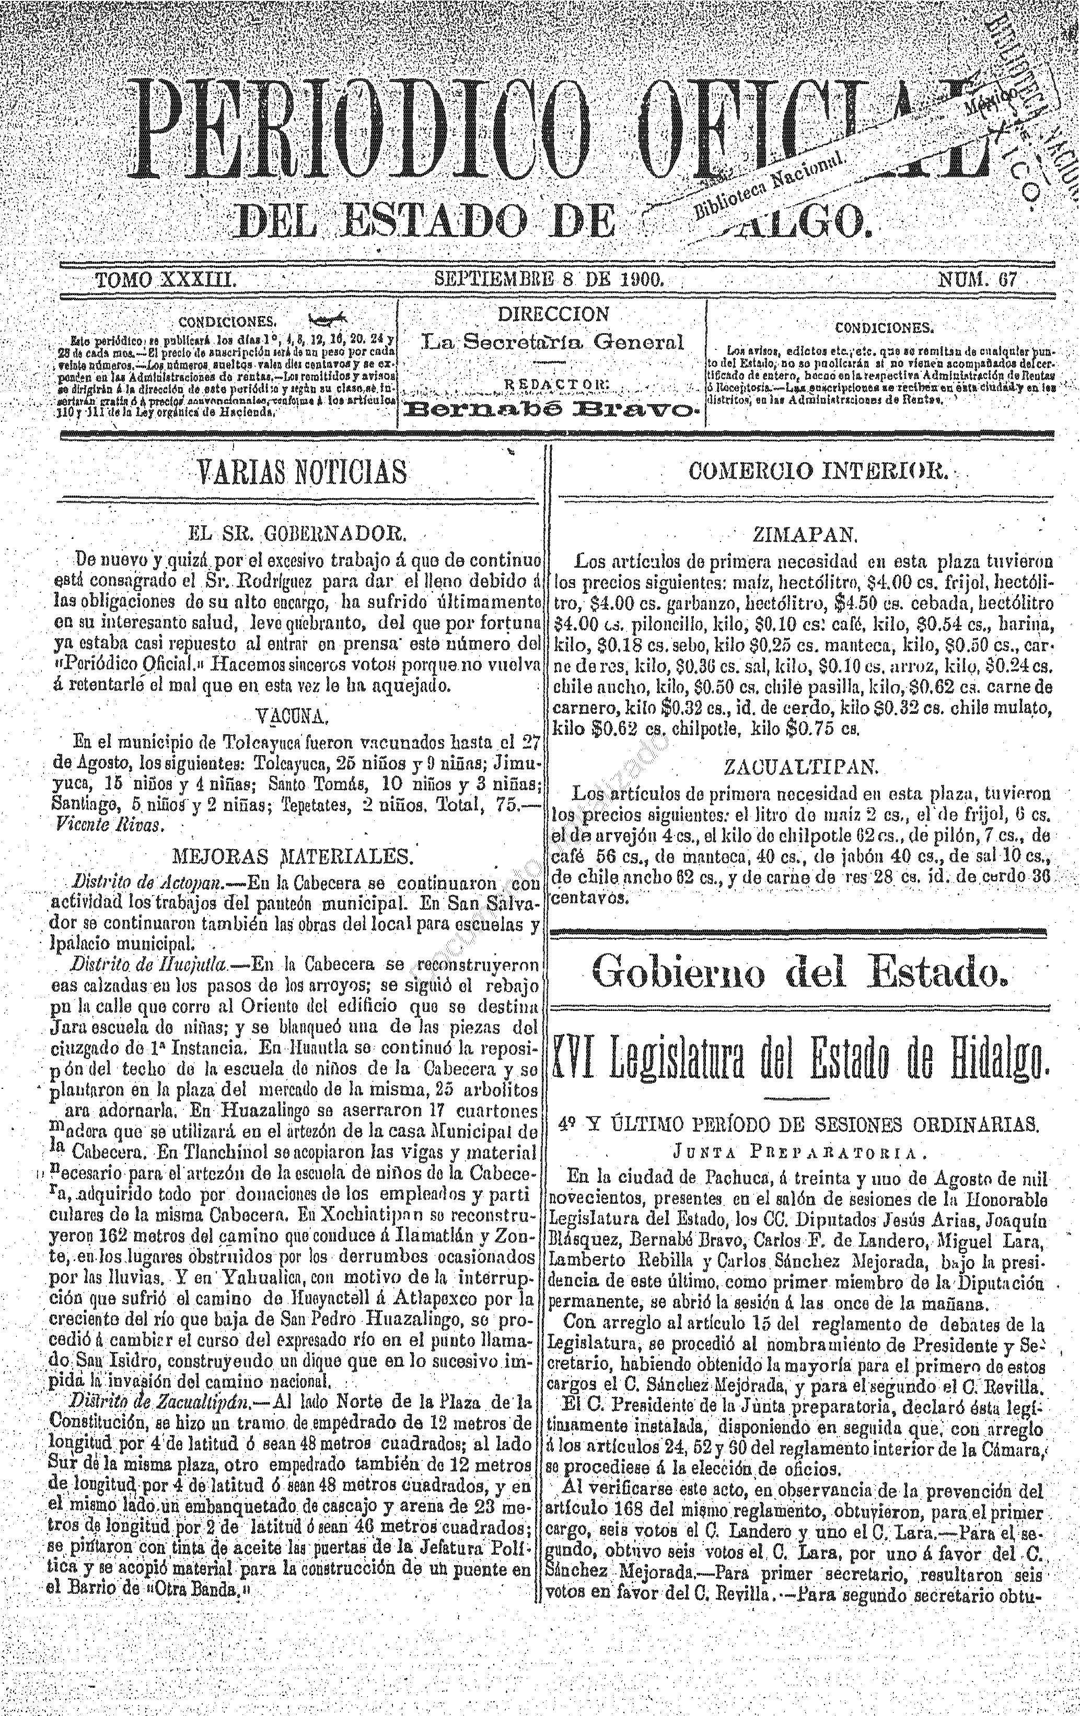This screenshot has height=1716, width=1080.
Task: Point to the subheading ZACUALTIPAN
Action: point(803,768)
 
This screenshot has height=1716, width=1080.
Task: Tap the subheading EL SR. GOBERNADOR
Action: point(297,533)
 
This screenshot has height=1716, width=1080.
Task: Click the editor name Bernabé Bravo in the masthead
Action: point(550,409)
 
